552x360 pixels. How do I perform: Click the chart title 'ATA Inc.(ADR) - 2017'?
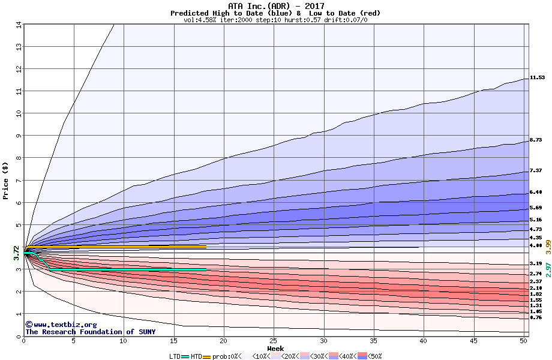(x=275, y=6)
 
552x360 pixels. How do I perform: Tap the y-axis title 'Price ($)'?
(x=6, y=180)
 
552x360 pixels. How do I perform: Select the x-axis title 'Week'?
(x=275, y=349)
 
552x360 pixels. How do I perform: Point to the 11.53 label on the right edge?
(x=536, y=77)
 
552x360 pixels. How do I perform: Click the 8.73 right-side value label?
(x=536, y=140)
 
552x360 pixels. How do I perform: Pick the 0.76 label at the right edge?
(x=536, y=317)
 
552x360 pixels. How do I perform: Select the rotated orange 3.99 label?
(x=548, y=245)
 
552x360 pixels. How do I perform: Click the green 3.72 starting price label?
(x=16, y=252)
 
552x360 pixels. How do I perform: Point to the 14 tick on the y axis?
(x=18, y=25)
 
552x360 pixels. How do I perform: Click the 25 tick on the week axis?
(x=274, y=341)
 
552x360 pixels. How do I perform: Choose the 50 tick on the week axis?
(x=523, y=341)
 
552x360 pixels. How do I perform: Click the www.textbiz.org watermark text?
(x=61, y=325)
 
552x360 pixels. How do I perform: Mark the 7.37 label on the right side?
(x=536, y=171)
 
